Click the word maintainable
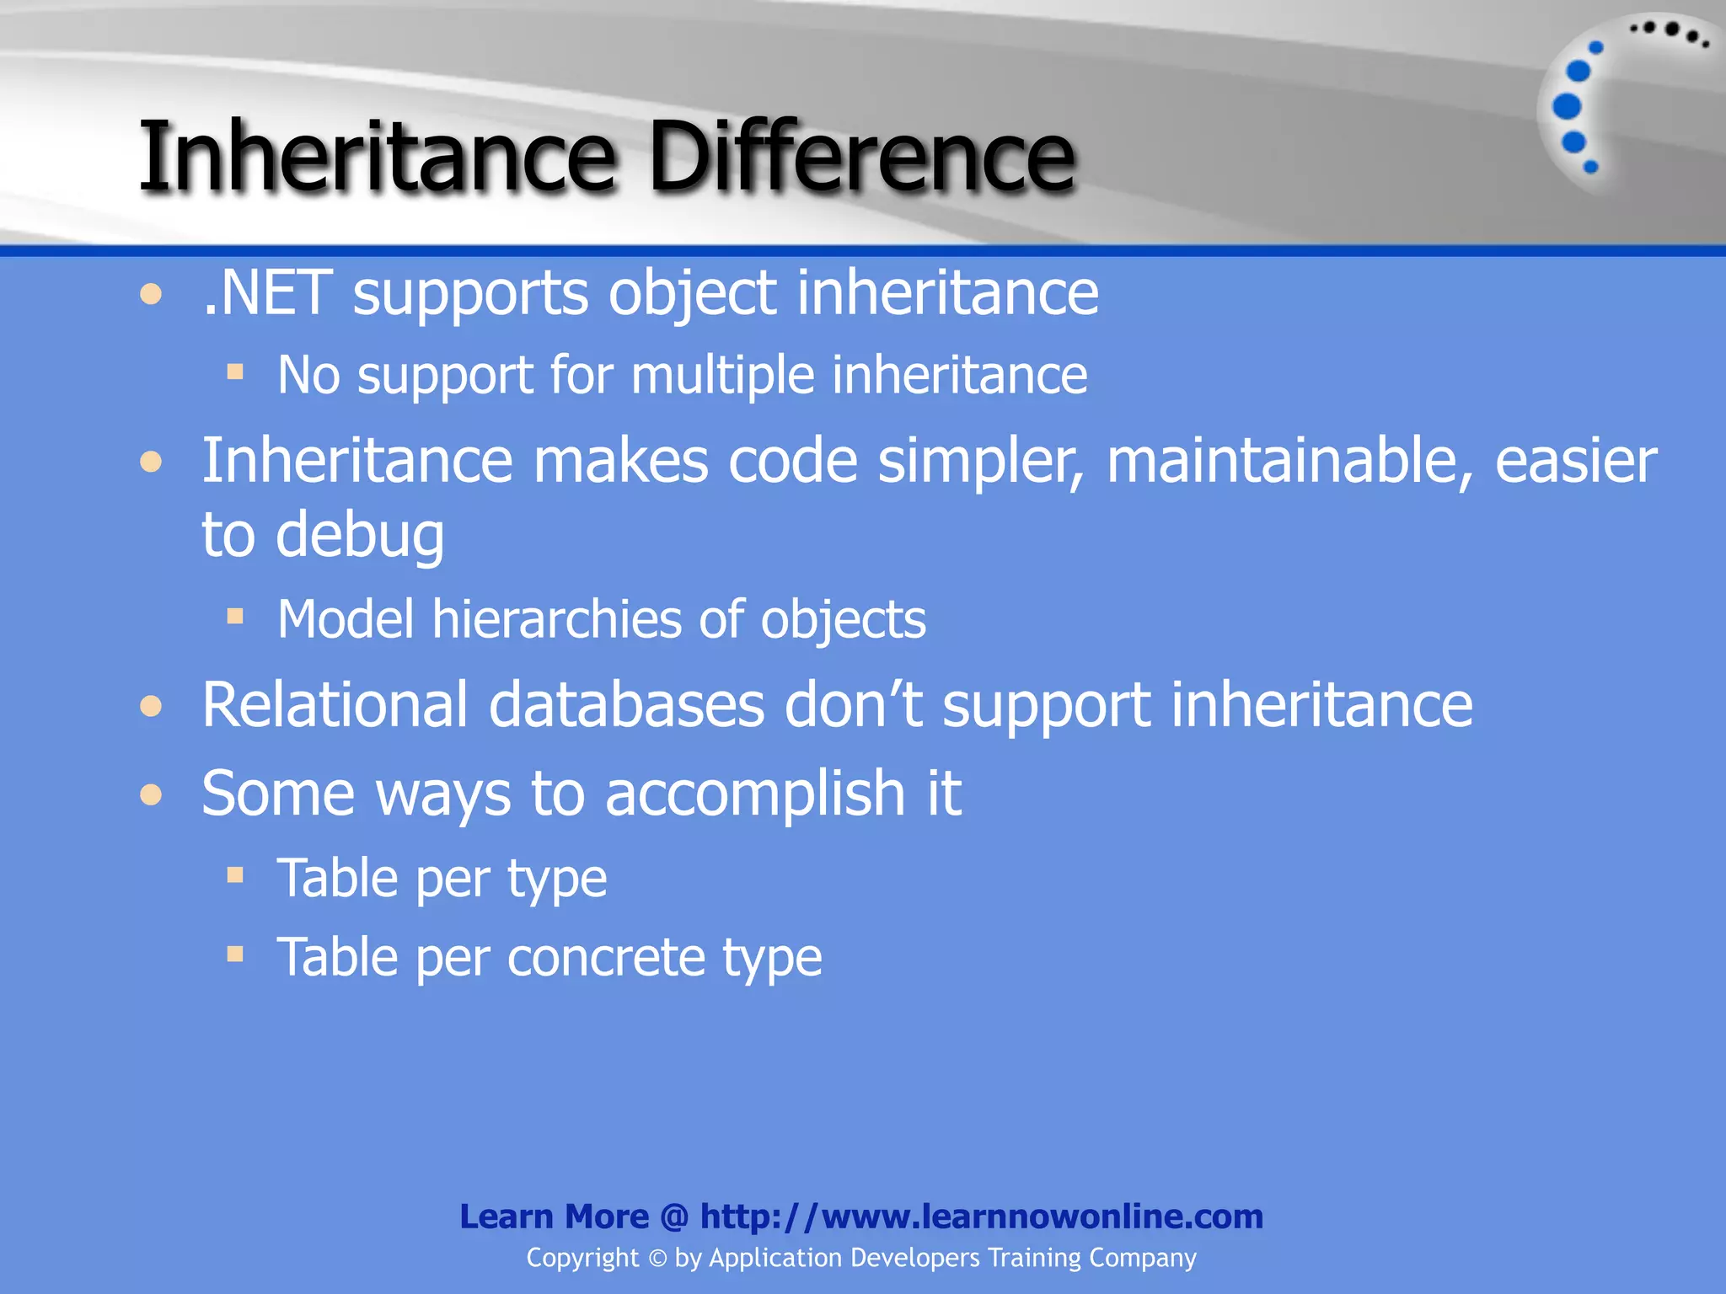(1289, 462)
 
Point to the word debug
(360, 536)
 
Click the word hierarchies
(556, 620)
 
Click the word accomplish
(754, 794)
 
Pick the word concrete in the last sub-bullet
(605, 958)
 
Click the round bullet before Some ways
(151, 794)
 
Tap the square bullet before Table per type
(235, 875)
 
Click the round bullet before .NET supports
(151, 294)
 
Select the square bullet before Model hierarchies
(235, 617)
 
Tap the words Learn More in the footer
(554, 1216)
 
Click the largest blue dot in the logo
(1567, 106)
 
